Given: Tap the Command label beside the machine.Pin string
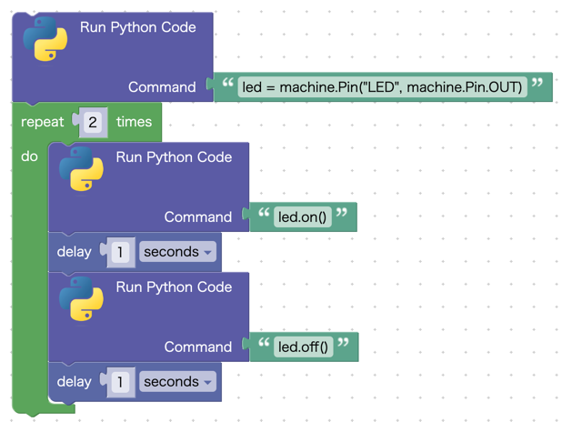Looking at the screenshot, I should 162,87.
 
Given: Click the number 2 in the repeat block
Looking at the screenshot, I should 93,122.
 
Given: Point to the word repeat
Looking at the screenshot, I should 43,122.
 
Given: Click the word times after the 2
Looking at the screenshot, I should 134,122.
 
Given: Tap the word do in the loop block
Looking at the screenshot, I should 30,156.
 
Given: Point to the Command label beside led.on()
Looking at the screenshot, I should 198,217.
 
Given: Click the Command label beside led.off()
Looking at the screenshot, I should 198,347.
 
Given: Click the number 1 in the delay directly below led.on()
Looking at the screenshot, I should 120,252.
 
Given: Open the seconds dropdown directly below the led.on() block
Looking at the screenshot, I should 177,252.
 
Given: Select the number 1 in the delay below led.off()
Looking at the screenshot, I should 120,382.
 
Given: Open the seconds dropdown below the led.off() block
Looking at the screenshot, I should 177,382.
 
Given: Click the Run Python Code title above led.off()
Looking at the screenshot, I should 174,287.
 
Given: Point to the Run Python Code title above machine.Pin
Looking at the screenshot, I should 138,27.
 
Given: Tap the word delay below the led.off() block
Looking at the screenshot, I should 75,382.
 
